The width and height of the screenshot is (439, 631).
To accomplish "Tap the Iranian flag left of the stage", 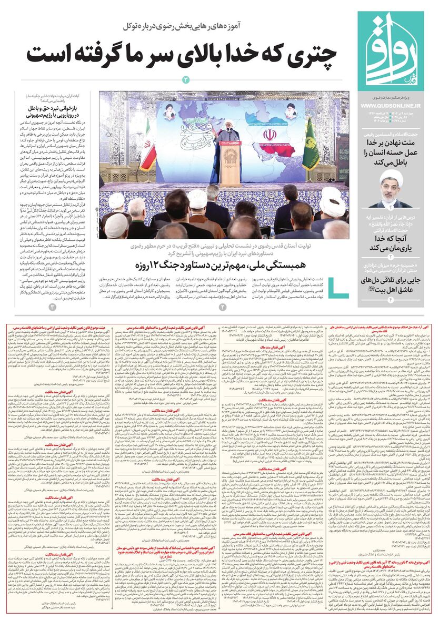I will [148, 147].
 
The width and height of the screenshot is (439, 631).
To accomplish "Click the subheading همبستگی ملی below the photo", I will [305, 261].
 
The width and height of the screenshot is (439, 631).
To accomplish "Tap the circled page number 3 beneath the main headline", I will [185, 80].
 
